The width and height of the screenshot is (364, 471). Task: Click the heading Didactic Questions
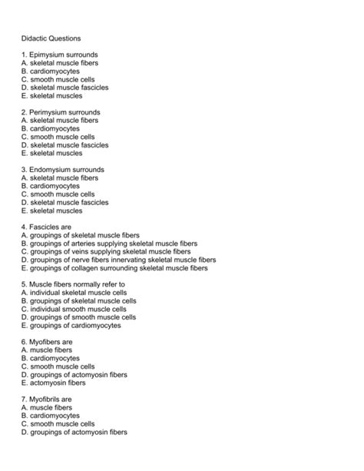[x=51, y=38]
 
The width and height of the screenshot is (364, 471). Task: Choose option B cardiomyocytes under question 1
[x=51, y=71]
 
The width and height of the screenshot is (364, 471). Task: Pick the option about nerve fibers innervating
[x=118, y=260]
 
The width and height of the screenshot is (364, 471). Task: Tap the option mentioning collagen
[x=114, y=268]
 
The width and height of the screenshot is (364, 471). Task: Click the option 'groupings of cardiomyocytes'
[x=71, y=326]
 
